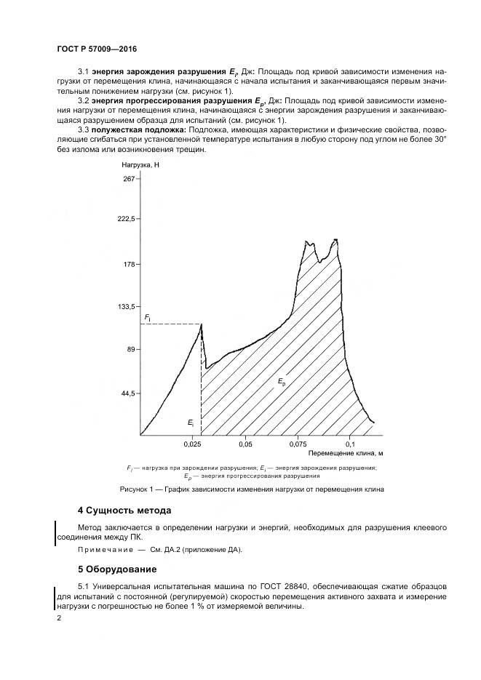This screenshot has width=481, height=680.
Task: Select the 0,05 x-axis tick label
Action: coord(245,443)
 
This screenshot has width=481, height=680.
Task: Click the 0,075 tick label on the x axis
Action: coord(298,443)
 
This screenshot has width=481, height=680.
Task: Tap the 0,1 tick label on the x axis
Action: coord(350,443)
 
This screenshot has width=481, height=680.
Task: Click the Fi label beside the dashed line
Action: coord(147,318)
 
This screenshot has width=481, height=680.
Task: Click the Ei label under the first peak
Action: coord(190,422)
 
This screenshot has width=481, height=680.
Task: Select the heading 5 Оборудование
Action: coord(116,568)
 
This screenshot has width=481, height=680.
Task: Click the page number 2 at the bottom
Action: coord(59,618)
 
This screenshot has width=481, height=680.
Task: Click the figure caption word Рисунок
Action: coord(137,489)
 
